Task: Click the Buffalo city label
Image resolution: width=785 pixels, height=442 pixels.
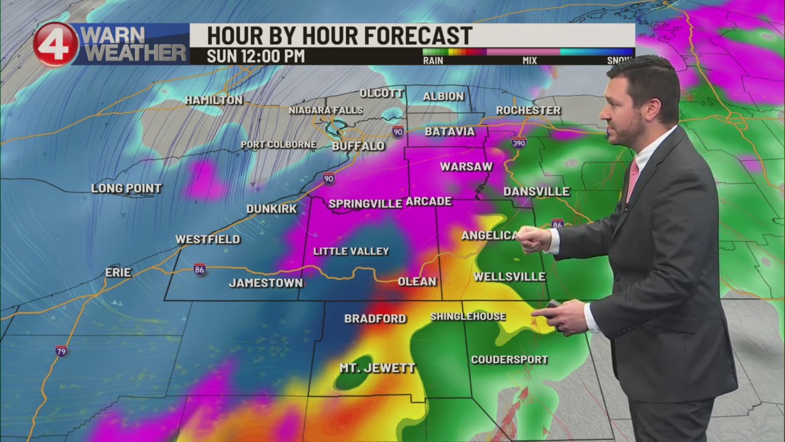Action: click(x=358, y=146)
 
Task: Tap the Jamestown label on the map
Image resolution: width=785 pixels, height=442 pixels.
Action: click(x=266, y=283)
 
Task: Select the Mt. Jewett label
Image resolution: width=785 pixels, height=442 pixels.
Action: click(x=377, y=368)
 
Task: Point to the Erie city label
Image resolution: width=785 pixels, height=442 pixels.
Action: click(x=118, y=272)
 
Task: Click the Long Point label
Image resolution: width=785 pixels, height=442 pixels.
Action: click(x=126, y=188)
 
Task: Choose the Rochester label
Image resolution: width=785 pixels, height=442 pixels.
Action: click(x=528, y=110)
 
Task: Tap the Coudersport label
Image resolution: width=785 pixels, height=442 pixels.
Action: click(x=509, y=359)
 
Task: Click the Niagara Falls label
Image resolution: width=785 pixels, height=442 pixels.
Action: click(x=326, y=110)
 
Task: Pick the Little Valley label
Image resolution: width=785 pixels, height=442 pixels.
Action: click(x=351, y=251)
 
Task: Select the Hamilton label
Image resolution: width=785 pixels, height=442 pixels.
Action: click(x=213, y=100)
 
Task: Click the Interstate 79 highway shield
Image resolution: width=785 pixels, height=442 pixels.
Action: click(x=61, y=351)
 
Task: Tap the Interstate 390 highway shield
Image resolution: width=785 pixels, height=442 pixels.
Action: click(x=518, y=143)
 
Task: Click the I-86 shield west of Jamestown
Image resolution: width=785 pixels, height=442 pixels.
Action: click(x=200, y=269)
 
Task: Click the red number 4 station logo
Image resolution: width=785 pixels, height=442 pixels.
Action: click(x=55, y=44)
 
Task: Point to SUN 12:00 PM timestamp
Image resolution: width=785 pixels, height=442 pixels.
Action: click(x=256, y=56)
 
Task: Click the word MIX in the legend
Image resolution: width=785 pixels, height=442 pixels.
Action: click(x=529, y=61)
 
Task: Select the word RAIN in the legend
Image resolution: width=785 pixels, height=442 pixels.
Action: click(x=434, y=61)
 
